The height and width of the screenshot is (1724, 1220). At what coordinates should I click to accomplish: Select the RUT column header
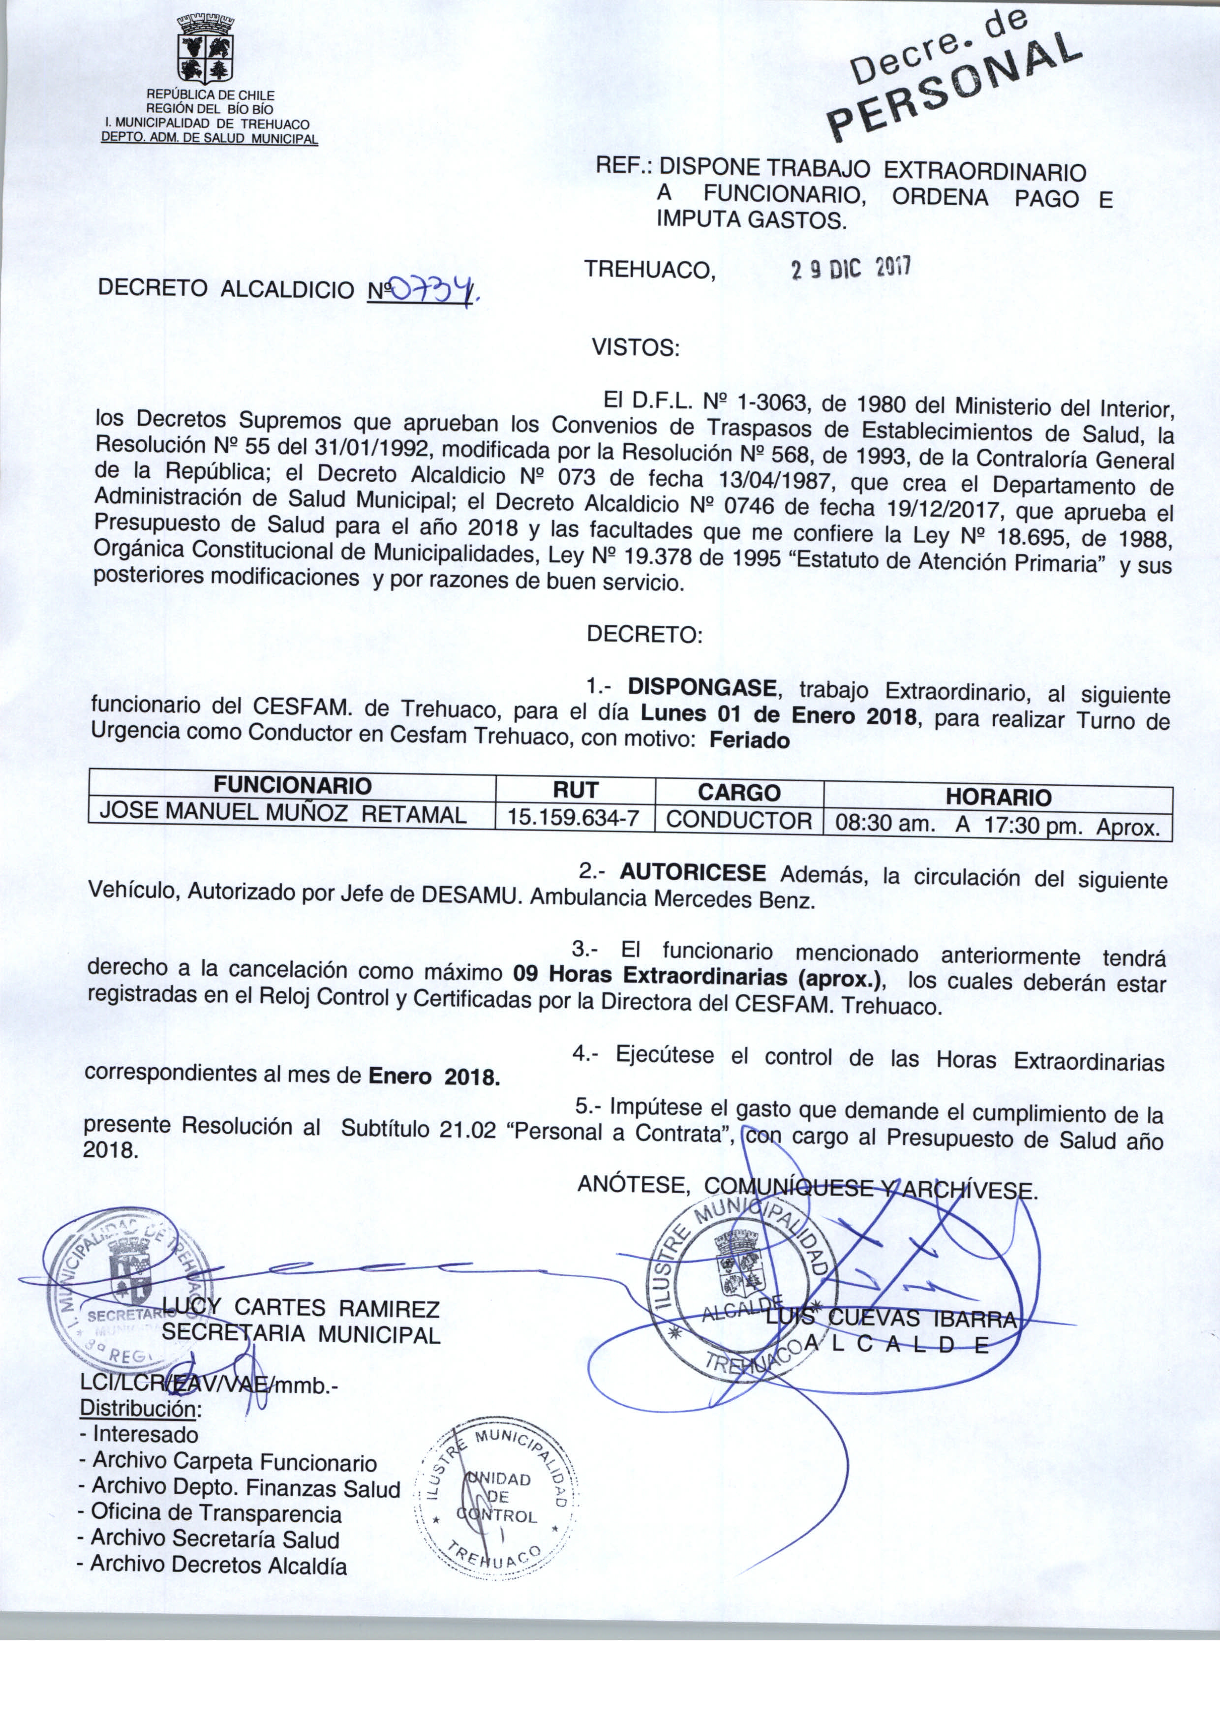click(576, 790)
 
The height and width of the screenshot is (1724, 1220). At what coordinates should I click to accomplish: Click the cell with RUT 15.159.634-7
click(574, 817)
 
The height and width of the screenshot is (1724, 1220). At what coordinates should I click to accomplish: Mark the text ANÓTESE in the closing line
click(633, 1185)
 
